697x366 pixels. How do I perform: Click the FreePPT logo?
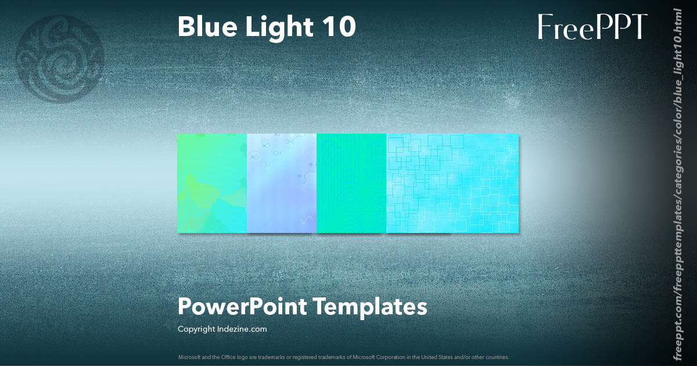pos(592,27)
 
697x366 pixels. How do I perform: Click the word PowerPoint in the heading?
pos(242,307)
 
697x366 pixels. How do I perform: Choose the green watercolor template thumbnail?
pos(212,183)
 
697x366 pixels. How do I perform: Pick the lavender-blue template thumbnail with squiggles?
pos(282,183)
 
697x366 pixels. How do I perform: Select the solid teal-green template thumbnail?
pos(351,183)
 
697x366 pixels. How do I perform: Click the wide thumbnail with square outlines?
pos(452,183)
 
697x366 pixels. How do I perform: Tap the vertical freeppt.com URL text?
pos(677,183)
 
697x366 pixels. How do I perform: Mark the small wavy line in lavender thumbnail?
pos(304,220)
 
